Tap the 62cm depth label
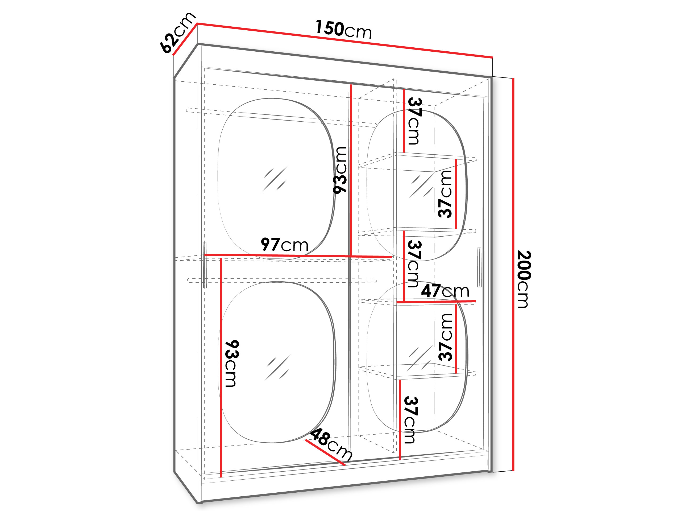click(x=178, y=33)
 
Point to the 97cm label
click(x=284, y=245)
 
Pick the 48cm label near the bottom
click(x=331, y=445)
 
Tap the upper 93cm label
click(x=340, y=170)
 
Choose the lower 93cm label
click(x=232, y=364)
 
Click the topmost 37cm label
click(x=414, y=121)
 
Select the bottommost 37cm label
click(x=410, y=420)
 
